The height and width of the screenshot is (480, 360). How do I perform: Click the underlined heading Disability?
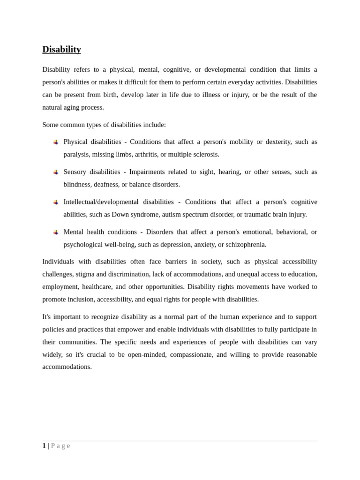61,49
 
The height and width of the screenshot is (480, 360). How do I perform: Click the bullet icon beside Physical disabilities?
56,142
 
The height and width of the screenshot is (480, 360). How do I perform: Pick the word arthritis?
146,155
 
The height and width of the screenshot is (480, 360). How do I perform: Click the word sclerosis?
204,155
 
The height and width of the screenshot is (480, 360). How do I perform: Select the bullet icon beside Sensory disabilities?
56,172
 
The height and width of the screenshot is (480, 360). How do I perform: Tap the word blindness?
76,185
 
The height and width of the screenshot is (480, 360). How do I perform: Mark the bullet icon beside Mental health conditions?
56,232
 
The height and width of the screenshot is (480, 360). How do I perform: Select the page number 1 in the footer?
44,446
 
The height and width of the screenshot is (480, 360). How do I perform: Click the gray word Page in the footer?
60,446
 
